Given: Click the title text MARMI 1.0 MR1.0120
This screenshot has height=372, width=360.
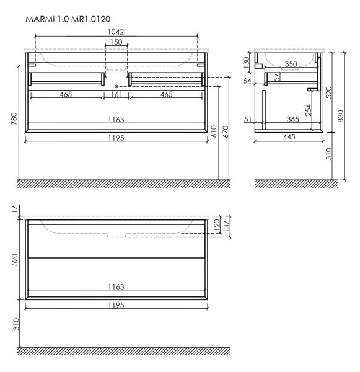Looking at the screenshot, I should coord(68,20).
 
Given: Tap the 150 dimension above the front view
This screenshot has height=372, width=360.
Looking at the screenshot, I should coord(116,43).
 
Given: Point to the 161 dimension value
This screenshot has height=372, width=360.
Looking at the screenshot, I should coord(116,94).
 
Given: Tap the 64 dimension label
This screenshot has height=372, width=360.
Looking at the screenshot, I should coord(247,81).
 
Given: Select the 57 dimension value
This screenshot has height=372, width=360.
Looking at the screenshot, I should coord(277,77).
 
